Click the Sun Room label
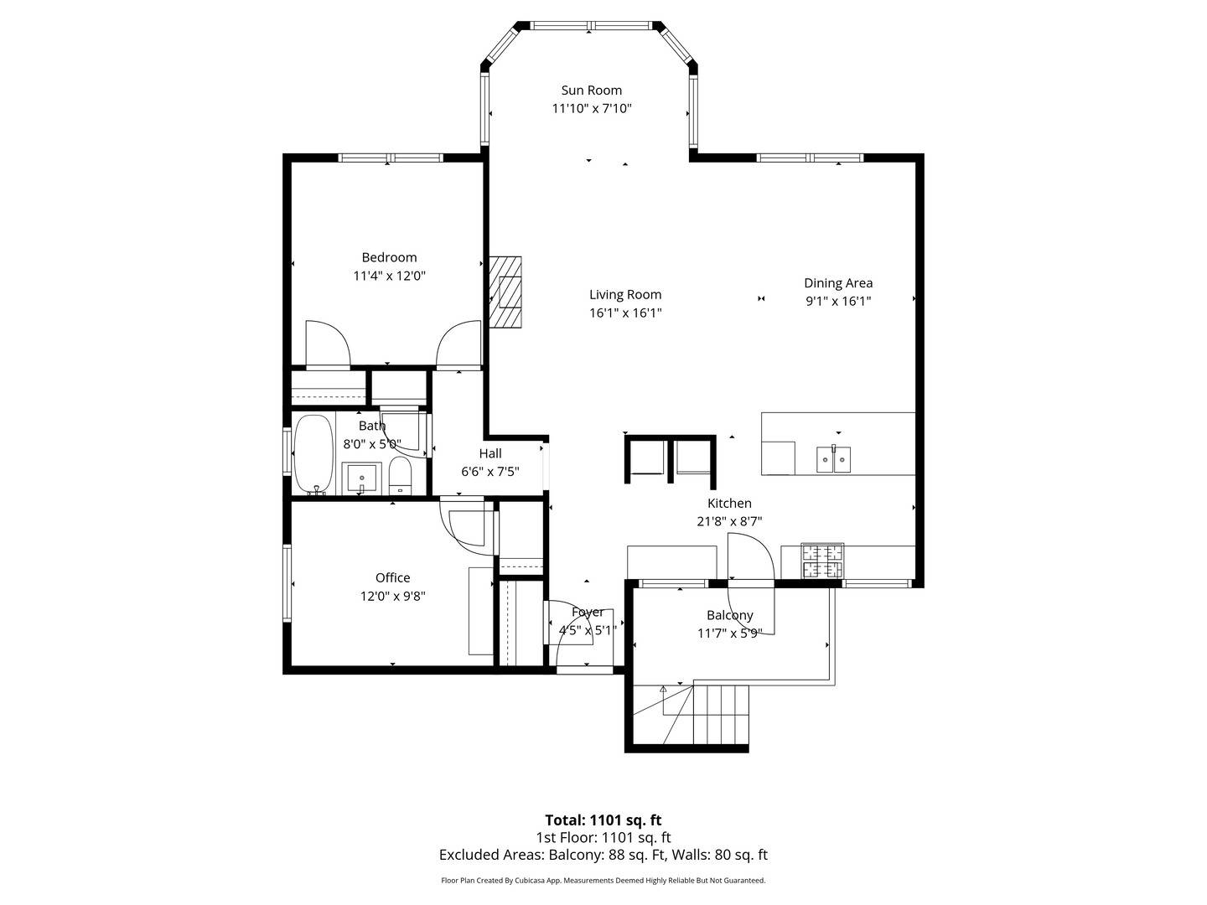(x=591, y=90)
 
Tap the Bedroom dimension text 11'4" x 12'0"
(x=389, y=276)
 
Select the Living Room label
(x=625, y=294)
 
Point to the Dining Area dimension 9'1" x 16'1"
(x=838, y=301)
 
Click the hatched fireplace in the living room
(x=505, y=292)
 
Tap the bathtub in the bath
(x=313, y=455)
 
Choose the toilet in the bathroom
(x=400, y=477)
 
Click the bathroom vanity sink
(x=361, y=478)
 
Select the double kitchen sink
(x=833, y=459)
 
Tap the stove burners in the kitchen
(x=822, y=561)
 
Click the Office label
(x=392, y=577)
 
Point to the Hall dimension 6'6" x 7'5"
(x=490, y=472)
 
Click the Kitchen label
(x=729, y=503)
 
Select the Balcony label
(x=730, y=615)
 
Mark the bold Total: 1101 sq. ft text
(x=603, y=820)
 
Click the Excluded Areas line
(x=603, y=855)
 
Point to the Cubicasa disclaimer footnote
(x=603, y=880)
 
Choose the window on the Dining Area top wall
(x=810, y=158)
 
